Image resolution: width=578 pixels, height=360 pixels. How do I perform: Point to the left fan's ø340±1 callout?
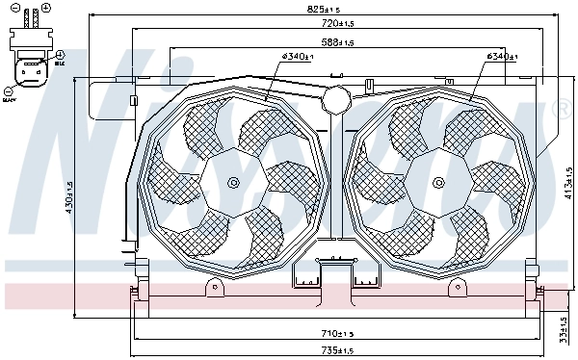[x=296, y=57]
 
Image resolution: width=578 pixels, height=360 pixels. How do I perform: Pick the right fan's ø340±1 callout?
[x=502, y=57]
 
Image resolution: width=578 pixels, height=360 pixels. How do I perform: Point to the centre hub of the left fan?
[x=231, y=184]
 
